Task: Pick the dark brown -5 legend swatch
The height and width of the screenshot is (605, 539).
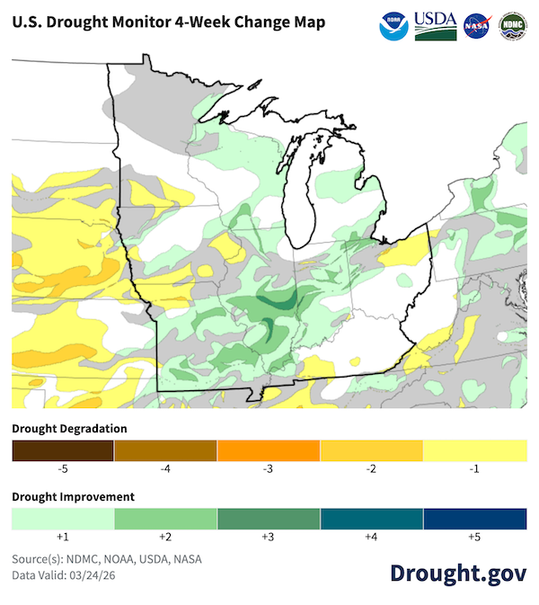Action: coord(63,450)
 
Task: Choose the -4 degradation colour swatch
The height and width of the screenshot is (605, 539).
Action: coord(165,450)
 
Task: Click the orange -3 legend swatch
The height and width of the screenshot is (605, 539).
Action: coord(269,450)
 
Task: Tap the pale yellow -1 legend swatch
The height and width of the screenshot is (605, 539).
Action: coord(475,450)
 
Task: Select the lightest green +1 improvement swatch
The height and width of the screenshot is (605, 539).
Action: coord(63,519)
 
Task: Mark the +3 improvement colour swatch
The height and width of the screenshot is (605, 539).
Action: coord(269,519)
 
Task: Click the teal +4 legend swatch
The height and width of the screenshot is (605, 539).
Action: coord(372,519)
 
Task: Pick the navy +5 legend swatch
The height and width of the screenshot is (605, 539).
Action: coord(475,519)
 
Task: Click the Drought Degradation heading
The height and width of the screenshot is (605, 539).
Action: coord(69,428)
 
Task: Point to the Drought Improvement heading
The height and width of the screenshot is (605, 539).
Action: coord(73,496)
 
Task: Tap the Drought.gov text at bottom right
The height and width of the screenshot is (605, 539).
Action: coord(457,573)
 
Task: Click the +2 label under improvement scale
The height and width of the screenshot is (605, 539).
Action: coord(165,537)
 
